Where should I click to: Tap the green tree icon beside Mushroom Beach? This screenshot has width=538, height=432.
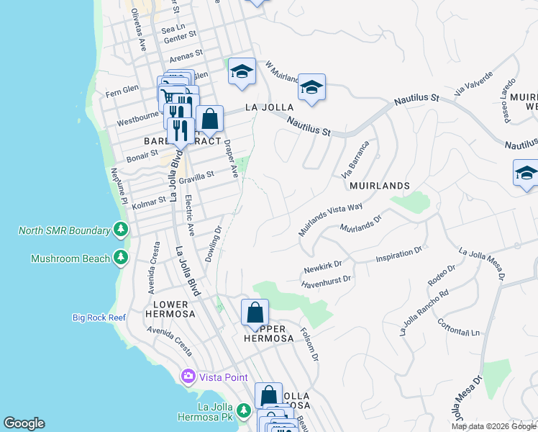click(x=122, y=258)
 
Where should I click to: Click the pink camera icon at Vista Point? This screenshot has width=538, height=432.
click(x=188, y=377)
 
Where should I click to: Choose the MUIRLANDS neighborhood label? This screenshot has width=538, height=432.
click(x=379, y=186)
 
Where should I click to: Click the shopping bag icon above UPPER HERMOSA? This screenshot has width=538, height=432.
click(x=255, y=313)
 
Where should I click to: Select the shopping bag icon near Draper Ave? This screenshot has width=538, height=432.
click(x=209, y=119)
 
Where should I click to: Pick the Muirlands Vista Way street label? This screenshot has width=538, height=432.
click(x=330, y=219)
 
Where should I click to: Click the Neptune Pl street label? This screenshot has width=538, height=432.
click(x=119, y=185)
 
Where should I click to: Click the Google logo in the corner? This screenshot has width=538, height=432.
click(x=24, y=423)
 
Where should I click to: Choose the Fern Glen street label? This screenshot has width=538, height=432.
click(x=122, y=90)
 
